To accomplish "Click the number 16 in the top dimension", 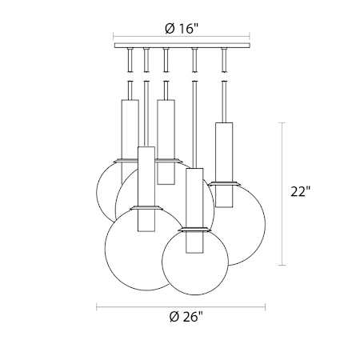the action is coord(186,28).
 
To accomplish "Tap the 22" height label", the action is coord(300,191).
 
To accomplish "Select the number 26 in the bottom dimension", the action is coord(190,317).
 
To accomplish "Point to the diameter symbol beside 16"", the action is coord(170,29).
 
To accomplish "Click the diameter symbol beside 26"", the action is coord(174,317).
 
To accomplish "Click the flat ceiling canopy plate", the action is coord(182,46).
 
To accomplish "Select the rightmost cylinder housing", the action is coord(224,165).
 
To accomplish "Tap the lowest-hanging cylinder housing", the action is coord(194,210).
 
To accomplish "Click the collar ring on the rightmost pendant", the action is coord(224,183).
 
